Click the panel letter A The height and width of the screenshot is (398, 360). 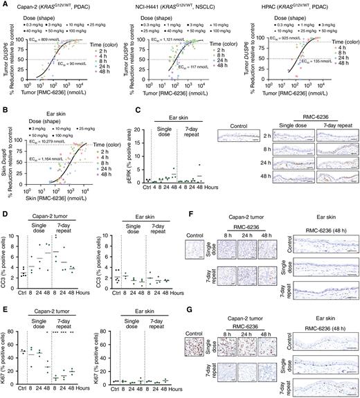click(x=3, y=4)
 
